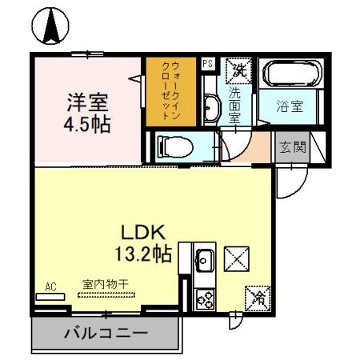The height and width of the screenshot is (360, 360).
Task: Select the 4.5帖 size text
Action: click(86, 125)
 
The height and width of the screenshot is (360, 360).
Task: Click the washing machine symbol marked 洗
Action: click(238, 70)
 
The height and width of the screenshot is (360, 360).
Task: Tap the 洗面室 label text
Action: click(236, 102)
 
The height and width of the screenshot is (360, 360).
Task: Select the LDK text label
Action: click(142, 231)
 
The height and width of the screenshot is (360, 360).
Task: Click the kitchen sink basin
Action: click(203, 259)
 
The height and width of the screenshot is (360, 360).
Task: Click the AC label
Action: click(50, 286)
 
